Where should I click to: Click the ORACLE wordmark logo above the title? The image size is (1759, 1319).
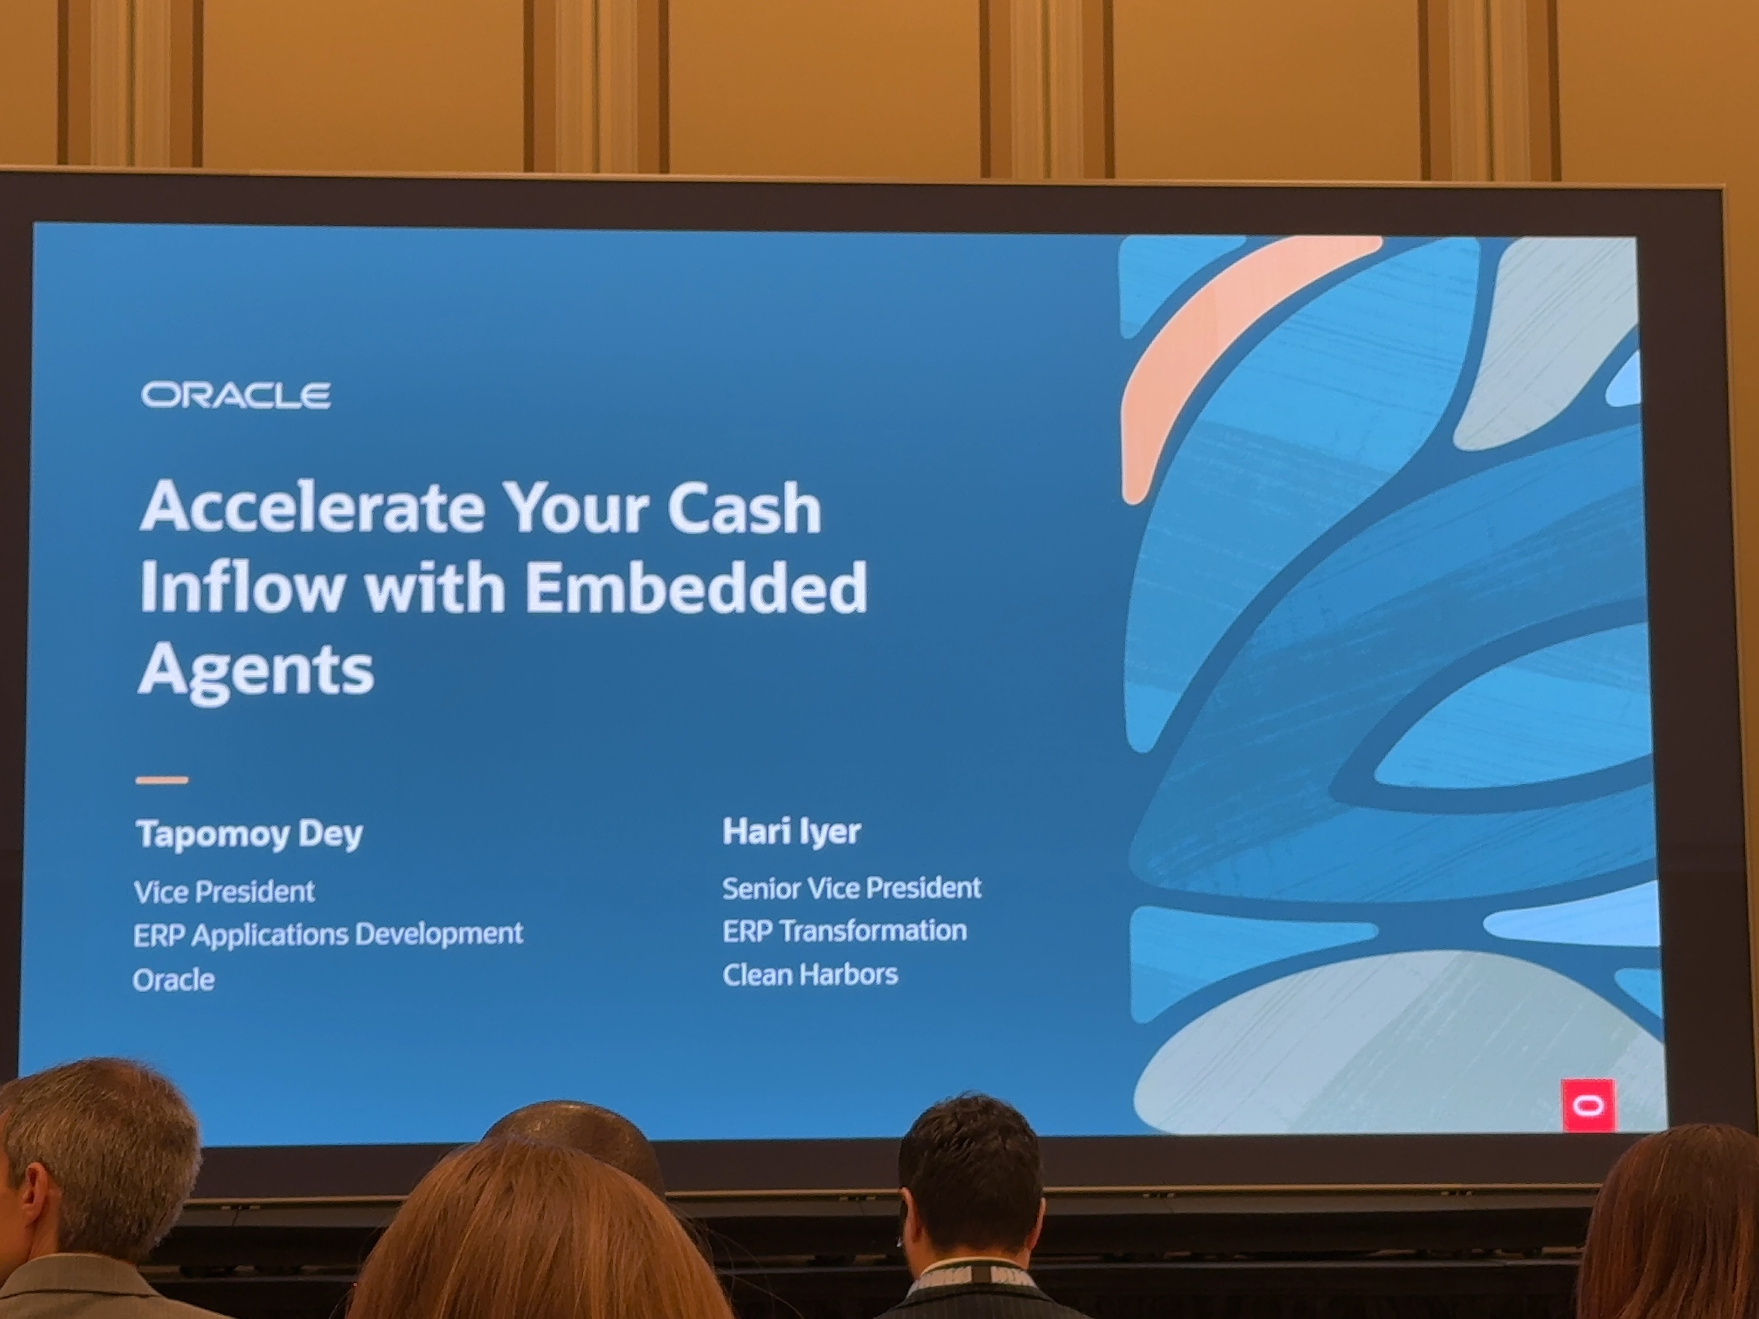(236, 395)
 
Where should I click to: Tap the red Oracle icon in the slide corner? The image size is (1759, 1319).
(1588, 1105)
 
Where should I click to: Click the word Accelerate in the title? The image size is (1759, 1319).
(311, 506)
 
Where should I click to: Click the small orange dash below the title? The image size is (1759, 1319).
(162, 780)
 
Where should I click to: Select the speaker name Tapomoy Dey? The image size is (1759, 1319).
(250, 835)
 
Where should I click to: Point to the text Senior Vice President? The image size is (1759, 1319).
(851, 888)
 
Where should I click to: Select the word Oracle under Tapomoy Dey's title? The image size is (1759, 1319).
(174, 980)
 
